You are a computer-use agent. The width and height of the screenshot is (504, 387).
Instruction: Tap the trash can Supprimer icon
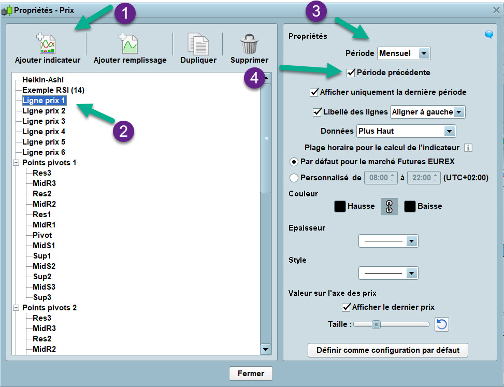pyautogui.click(x=249, y=44)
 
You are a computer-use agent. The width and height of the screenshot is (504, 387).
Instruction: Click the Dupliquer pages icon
pyautogui.click(x=198, y=44)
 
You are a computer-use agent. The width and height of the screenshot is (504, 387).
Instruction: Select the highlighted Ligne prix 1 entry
pyautogui.click(x=44, y=101)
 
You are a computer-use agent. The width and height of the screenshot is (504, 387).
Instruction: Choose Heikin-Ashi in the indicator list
pyautogui.click(x=43, y=80)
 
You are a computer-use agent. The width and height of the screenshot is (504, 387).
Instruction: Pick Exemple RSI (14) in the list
pyautogui.click(x=53, y=90)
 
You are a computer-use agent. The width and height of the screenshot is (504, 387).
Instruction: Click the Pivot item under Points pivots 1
pyautogui.click(x=42, y=235)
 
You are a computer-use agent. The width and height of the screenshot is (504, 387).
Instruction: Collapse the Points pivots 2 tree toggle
pyautogui.click(x=16, y=308)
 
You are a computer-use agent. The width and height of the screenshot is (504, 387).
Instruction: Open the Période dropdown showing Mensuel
pyautogui.click(x=404, y=53)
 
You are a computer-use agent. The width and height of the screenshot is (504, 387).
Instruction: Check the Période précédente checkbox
pyautogui.click(x=351, y=73)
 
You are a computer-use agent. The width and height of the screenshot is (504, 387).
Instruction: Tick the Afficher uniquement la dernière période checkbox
pyautogui.click(x=314, y=92)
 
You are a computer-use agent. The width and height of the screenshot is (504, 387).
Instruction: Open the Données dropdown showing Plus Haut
pyautogui.click(x=406, y=131)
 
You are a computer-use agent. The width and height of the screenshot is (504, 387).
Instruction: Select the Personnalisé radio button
pyautogui.click(x=294, y=178)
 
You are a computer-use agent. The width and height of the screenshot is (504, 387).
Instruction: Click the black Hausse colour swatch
pyautogui.click(x=340, y=206)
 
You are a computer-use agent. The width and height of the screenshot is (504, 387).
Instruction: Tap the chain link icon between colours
pyautogui.click(x=389, y=206)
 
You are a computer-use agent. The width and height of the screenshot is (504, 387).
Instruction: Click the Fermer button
pyautogui.click(x=251, y=374)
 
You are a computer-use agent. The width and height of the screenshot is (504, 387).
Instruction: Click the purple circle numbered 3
pyautogui.click(x=316, y=11)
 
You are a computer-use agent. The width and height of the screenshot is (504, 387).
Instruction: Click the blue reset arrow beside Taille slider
pyautogui.click(x=442, y=324)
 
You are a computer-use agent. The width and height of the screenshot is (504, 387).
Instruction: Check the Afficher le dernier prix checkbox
pyautogui.click(x=346, y=307)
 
